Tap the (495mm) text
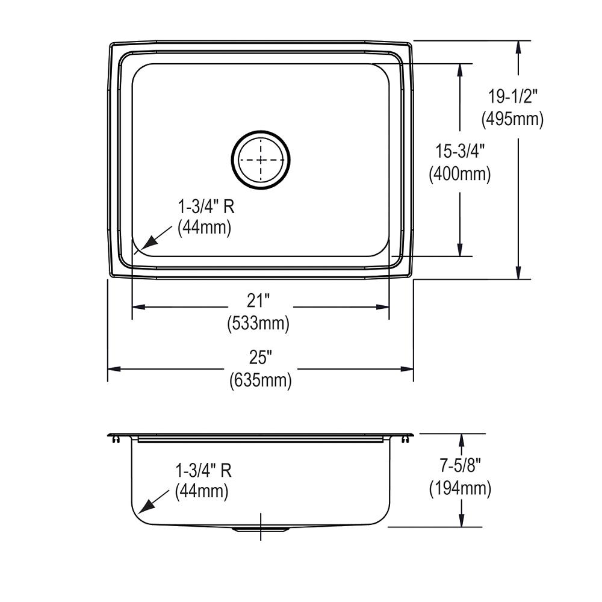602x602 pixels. point(512,119)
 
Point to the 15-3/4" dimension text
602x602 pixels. point(460,151)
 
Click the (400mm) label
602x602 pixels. point(460,174)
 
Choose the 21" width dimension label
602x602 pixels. point(258,300)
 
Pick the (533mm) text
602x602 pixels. point(258,323)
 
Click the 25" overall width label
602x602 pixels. point(261,358)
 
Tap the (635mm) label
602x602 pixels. point(261,380)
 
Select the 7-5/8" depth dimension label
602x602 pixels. point(461,466)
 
